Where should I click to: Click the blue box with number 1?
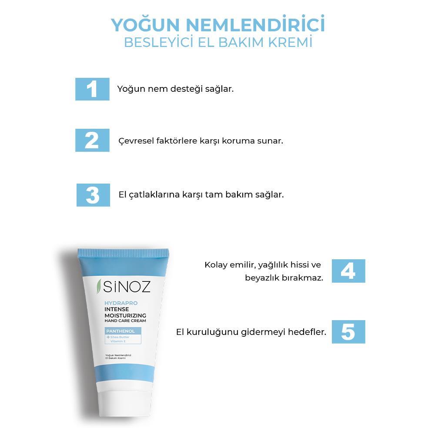(x=92, y=89)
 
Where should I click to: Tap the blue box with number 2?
(x=92, y=141)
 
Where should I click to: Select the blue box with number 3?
(x=93, y=195)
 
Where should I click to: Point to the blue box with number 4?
(x=348, y=271)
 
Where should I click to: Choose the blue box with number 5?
(x=348, y=332)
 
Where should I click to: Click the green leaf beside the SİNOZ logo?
(x=99, y=286)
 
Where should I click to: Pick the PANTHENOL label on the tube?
(x=120, y=331)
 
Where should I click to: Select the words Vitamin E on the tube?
(x=117, y=342)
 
